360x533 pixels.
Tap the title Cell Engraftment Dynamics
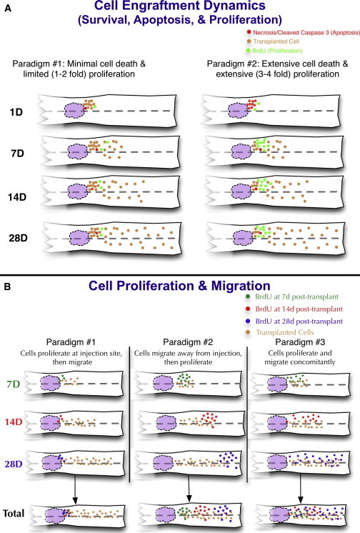[180, 8]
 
